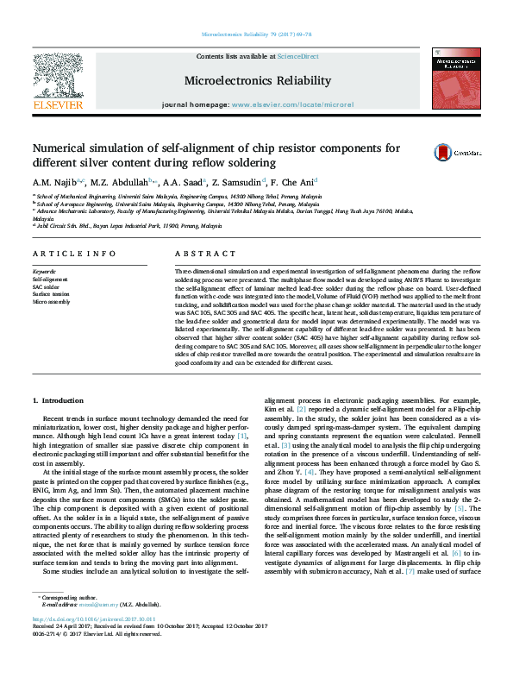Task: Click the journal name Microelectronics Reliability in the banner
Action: coord(257,81)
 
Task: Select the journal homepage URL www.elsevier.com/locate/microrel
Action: coord(293,104)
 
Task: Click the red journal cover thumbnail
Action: coord(455,80)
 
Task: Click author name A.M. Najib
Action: coord(55,182)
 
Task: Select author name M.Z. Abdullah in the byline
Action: coord(125,182)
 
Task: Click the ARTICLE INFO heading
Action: coord(74,254)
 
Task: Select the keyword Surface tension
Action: coord(53,295)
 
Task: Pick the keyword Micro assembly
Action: coord(52,303)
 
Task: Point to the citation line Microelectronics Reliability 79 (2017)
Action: coord(256,35)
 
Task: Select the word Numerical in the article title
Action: coord(66,148)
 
